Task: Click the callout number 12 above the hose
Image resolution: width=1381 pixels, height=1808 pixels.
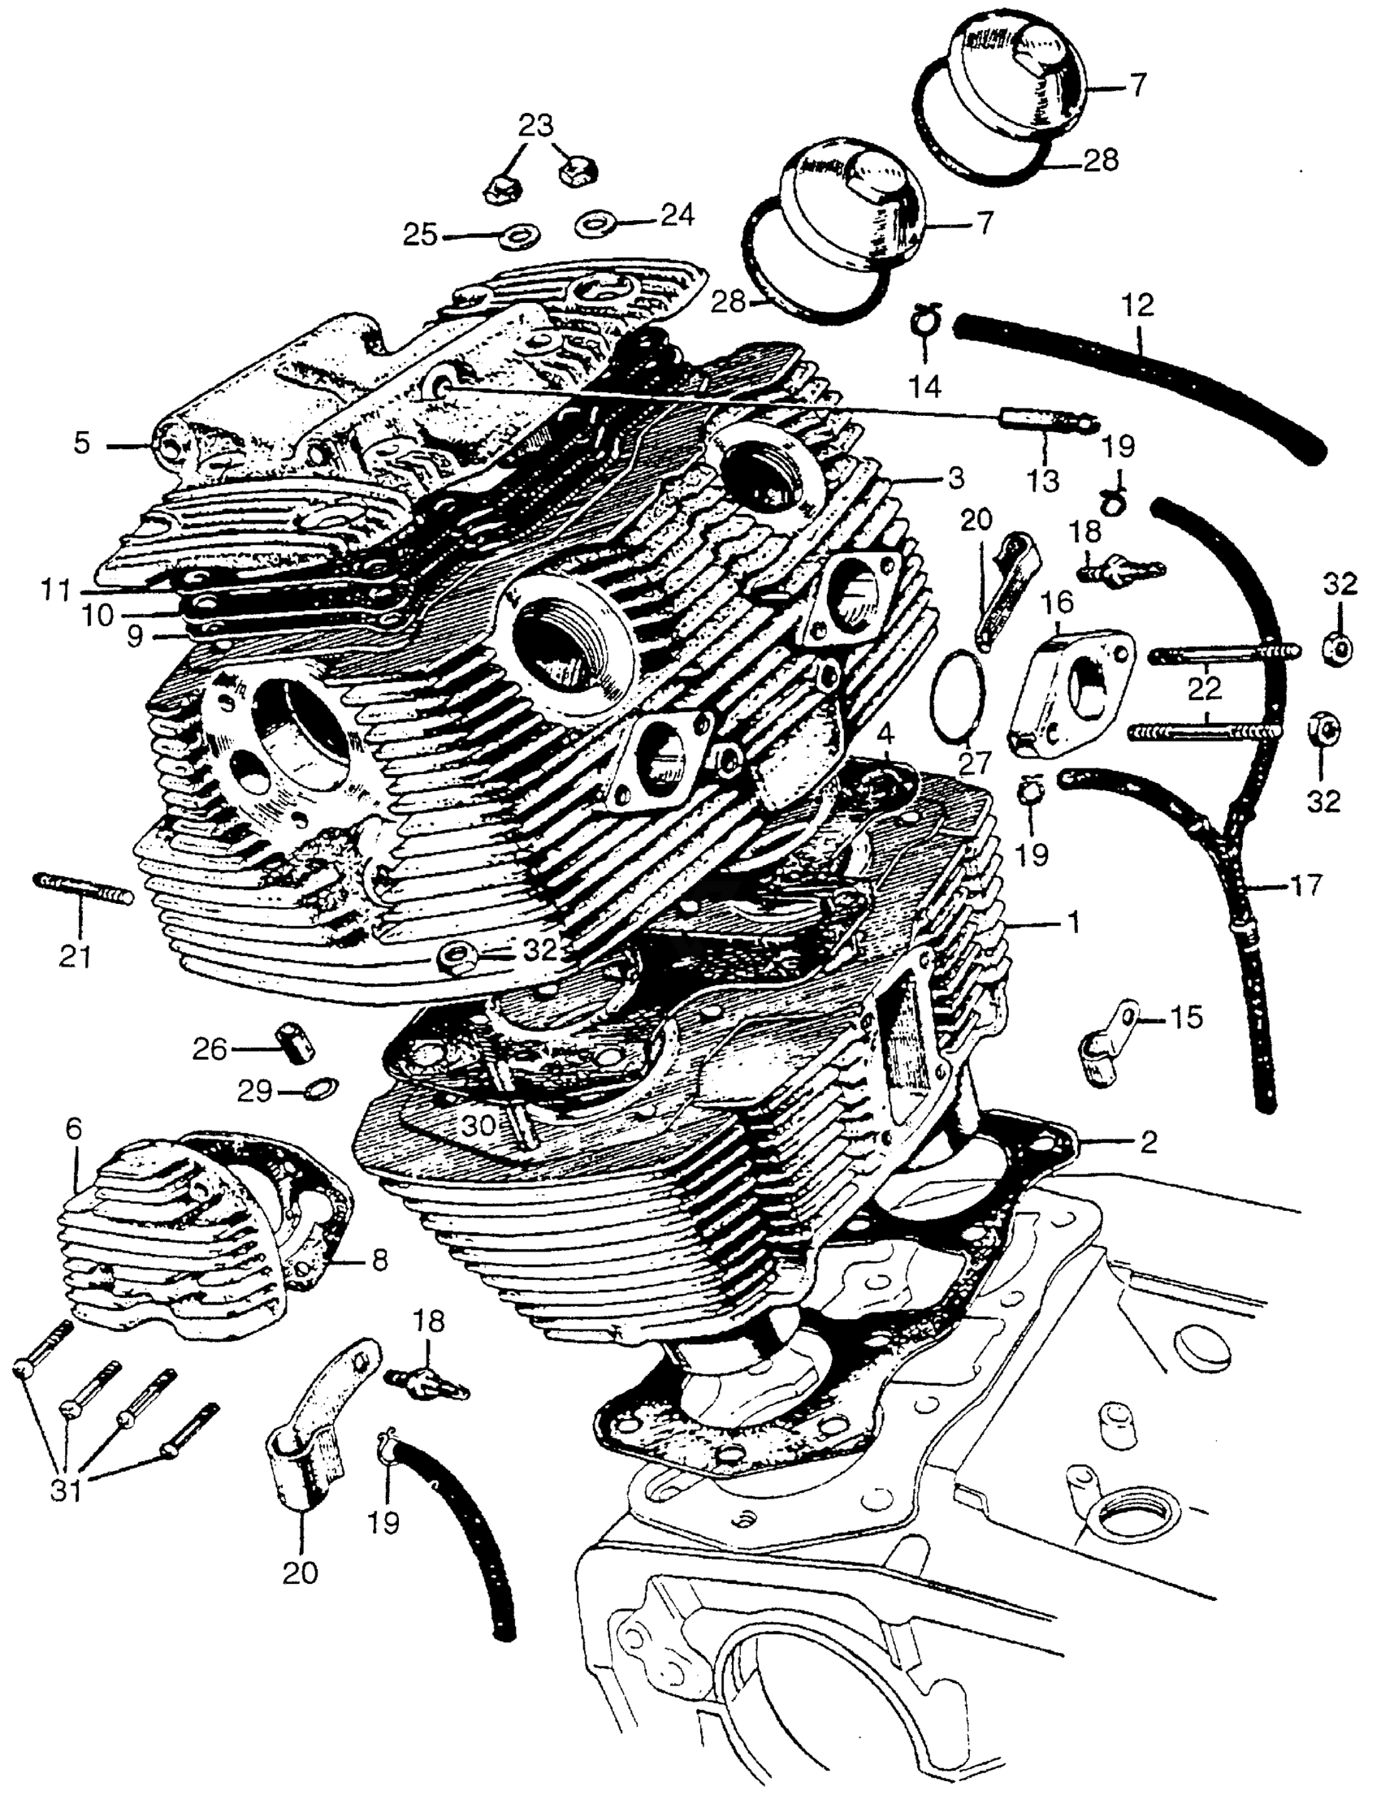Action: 1139,305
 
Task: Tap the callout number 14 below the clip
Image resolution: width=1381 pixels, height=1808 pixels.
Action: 924,385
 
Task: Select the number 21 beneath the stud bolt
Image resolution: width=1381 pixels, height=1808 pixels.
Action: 75,957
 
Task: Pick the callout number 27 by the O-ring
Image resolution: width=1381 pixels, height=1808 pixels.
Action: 976,763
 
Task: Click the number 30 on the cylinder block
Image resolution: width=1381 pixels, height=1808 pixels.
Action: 478,1125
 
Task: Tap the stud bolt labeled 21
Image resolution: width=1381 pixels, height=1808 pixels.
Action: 82,890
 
